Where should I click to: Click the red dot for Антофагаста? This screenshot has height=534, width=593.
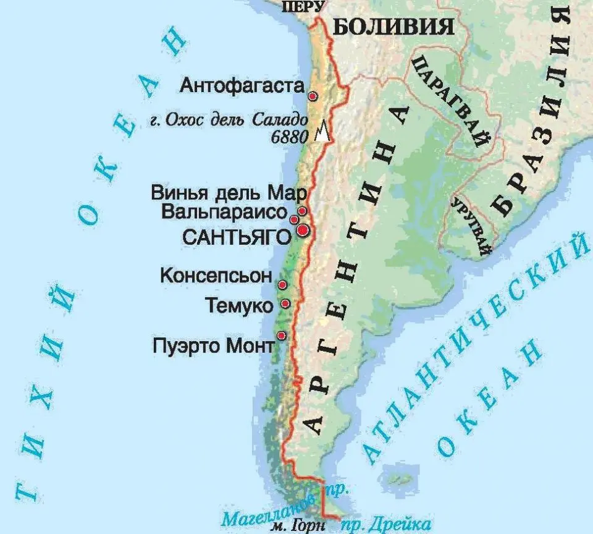[x=313, y=96]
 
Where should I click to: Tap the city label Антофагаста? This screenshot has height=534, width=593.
[x=243, y=86]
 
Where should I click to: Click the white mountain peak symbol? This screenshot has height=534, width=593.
[x=321, y=133]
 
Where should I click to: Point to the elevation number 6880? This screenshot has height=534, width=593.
[x=289, y=137]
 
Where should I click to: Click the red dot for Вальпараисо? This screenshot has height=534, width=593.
[x=294, y=218]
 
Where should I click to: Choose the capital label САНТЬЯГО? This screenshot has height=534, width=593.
[x=237, y=236]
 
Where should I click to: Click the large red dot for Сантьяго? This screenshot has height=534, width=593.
[x=303, y=230]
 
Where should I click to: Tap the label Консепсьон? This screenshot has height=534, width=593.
[x=216, y=276]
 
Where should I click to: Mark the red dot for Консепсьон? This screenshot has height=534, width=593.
[x=282, y=285]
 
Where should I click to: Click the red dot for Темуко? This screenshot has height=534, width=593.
[x=285, y=303]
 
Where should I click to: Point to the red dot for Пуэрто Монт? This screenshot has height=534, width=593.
[x=282, y=336]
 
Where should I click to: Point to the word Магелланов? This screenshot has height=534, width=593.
[x=269, y=507]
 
